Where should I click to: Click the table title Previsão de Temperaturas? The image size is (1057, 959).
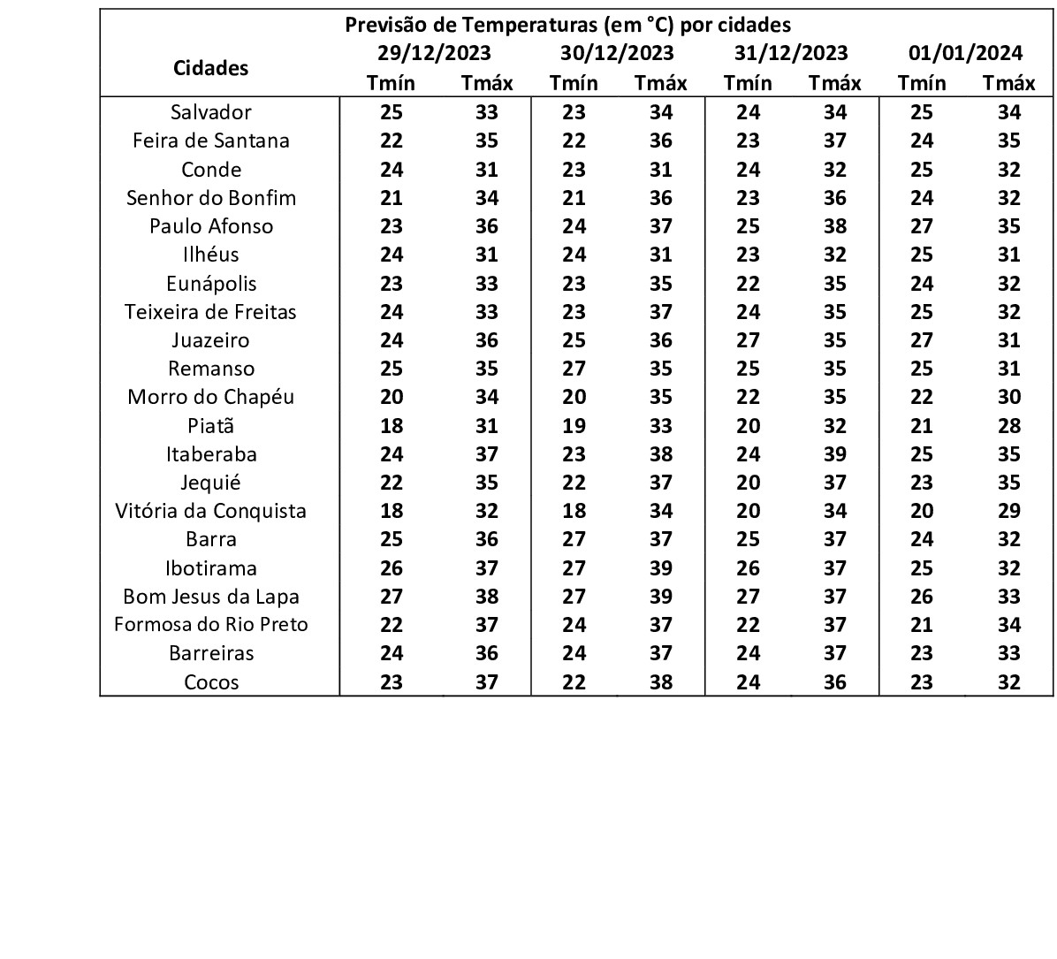(567, 24)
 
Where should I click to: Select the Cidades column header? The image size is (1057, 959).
(211, 68)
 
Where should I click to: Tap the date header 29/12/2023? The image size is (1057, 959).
(434, 53)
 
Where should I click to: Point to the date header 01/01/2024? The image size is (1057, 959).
(965, 53)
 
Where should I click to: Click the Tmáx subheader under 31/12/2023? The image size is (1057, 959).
(834, 83)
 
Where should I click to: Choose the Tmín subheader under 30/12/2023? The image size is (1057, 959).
(574, 83)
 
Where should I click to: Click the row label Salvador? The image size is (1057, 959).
(211, 112)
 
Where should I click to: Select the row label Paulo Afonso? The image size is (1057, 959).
(211, 226)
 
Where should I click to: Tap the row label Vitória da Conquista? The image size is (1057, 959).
(211, 511)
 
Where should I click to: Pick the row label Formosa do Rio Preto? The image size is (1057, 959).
(211, 625)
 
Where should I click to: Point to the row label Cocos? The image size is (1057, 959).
(211, 682)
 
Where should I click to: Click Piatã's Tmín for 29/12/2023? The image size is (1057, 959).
(392, 426)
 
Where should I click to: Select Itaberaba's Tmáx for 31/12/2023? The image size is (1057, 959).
(834, 454)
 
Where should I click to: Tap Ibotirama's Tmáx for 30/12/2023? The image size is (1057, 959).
(660, 568)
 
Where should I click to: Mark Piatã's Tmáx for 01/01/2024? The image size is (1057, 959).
(1008, 426)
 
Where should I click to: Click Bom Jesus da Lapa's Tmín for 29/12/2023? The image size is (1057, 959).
(392, 597)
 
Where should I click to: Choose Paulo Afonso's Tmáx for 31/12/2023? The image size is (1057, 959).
(834, 226)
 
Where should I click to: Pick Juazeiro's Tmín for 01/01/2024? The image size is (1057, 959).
(922, 340)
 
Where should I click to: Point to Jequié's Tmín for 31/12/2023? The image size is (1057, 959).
(748, 483)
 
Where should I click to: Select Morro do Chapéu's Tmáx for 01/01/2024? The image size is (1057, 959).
(1008, 397)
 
